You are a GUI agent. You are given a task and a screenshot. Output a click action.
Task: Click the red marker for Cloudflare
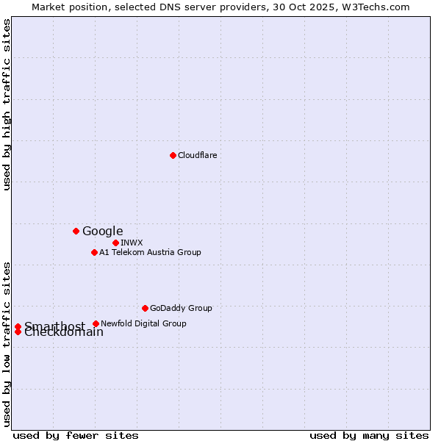click(173, 155)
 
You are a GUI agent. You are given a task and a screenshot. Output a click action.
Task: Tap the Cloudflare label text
click(197, 155)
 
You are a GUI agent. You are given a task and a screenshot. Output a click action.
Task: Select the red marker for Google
click(76, 231)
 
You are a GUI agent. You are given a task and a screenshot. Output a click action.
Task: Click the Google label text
click(102, 232)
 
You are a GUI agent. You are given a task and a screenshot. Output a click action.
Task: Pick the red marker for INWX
click(115, 243)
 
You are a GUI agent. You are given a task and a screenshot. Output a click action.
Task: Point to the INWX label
click(132, 243)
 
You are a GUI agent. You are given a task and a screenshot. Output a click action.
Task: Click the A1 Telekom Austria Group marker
click(94, 252)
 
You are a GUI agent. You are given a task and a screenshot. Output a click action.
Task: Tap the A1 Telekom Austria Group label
click(150, 252)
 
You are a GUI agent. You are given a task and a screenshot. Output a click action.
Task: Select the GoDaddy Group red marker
click(145, 308)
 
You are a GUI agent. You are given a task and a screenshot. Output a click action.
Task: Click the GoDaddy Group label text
click(181, 308)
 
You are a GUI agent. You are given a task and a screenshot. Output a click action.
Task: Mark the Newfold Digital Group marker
click(96, 323)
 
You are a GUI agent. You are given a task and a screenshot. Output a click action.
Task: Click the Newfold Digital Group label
click(143, 323)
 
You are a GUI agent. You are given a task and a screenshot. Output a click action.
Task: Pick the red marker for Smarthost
click(18, 326)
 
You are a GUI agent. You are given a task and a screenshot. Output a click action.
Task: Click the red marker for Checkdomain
click(18, 331)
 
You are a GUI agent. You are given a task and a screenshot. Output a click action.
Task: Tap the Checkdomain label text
click(64, 333)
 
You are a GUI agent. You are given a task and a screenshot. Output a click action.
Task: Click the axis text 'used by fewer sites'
click(76, 435)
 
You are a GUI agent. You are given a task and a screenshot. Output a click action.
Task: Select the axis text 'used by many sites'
click(369, 435)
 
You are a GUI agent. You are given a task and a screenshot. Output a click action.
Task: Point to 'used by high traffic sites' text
click(7, 104)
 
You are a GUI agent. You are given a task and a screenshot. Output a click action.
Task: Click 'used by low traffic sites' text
click(7, 343)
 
